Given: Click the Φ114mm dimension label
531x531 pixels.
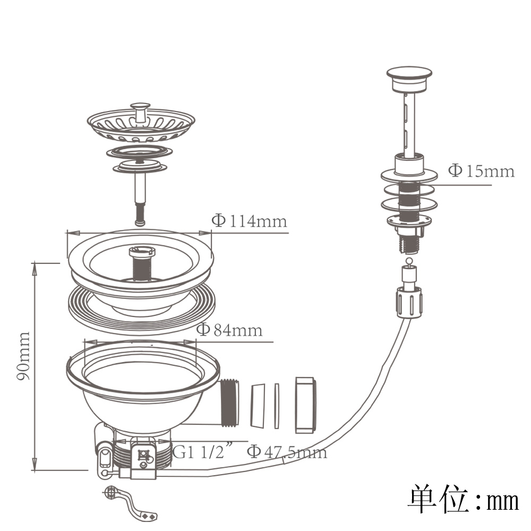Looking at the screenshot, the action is pos(249,221).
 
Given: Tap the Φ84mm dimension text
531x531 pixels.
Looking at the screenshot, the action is pos(229,330).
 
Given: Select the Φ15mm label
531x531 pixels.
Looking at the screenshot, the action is pos(481,170).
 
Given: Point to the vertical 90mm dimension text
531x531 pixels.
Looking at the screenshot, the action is pos(24,356).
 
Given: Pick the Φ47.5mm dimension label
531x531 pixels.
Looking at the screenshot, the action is pos(287,452).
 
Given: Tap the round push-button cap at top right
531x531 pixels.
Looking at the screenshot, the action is pos(409,79).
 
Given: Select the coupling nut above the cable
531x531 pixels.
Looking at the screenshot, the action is pos(409,302).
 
